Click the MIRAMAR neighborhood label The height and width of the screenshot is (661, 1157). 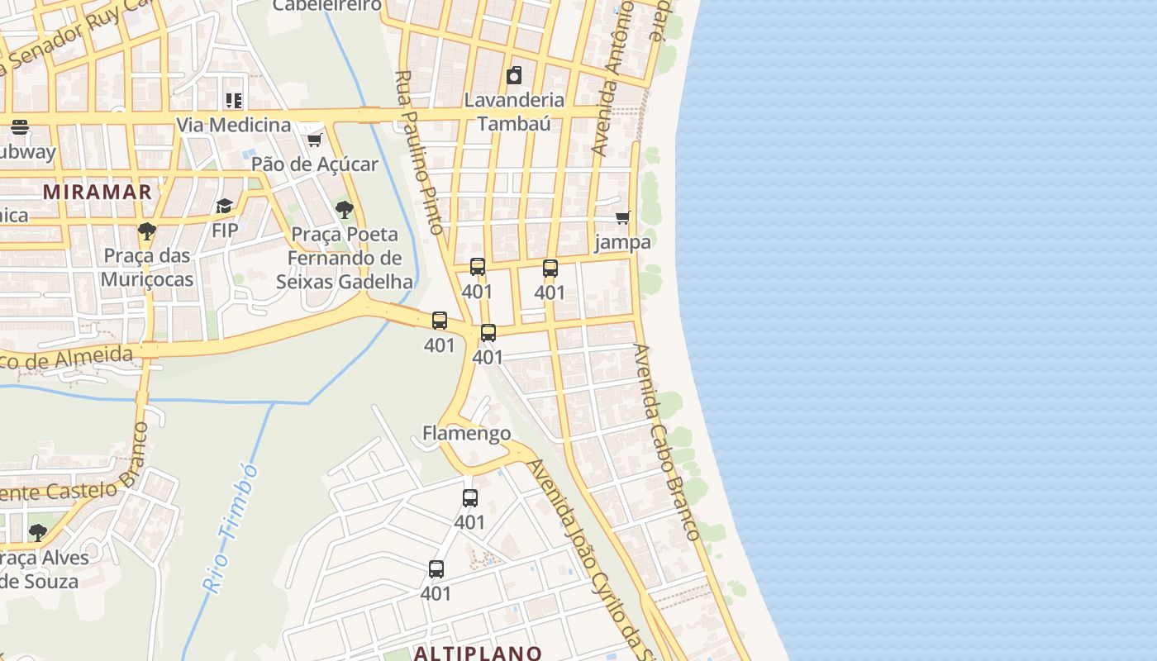pyautogui.click(x=98, y=192)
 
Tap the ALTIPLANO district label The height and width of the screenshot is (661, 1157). pyautogui.click(x=478, y=653)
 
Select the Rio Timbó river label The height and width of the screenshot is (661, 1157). pyautogui.click(x=231, y=528)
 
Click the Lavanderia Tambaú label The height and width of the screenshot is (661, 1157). pyautogui.click(x=514, y=112)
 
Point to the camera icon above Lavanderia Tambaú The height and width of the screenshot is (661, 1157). pyautogui.click(x=514, y=76)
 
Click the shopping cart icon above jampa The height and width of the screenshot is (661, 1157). pyautogui.click(x=622, y=217)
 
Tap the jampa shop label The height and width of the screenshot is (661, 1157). pyautogui.click(x=622, y=242)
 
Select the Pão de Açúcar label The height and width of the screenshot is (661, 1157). pyautogui.click(x=314, y=164)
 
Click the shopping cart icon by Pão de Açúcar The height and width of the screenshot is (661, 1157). pyautogui.click(x=314, y=140)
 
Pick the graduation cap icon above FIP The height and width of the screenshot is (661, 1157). pyautogui.click(x=224, y=206)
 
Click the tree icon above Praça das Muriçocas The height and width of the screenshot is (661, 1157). pyautogui.click(x=147, y=231)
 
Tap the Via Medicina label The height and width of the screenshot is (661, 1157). pyautogui.click(x=234, y=125)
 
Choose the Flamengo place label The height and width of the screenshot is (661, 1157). pyautogui.click(x=466, y=433)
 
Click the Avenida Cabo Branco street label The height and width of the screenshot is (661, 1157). pyautogui.click(x=666, y=442)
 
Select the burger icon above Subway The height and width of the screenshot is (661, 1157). pyautogui.click(x=20, y=127)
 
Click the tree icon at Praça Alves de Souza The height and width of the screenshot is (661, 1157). pyautogui.click(x=37, y=532)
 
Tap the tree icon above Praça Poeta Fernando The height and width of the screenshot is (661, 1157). pyautogui.click(x=345, y=210)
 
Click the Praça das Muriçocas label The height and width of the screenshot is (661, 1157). pyautogui.click(x=147, y=267)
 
